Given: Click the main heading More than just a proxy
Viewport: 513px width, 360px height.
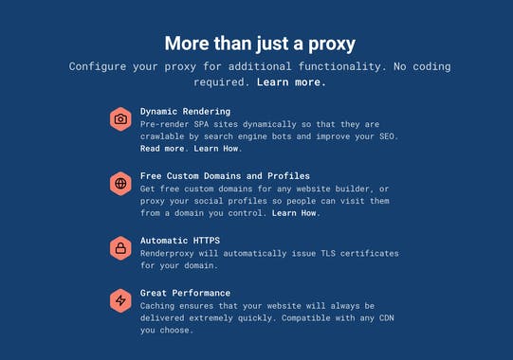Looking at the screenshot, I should click(x=260, y=43).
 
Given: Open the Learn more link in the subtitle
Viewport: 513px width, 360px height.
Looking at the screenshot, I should click(x=291, y=82).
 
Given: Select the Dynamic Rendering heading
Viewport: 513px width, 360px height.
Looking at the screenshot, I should click(x=185, y=112).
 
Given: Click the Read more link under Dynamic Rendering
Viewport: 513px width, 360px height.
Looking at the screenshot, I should click(x=162, y=149).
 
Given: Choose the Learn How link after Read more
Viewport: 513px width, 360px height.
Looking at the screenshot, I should click(x=218, y=149).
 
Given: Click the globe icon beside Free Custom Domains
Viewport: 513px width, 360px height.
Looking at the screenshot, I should click(x=120, y=183).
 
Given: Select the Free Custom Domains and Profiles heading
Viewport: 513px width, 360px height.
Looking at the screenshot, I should click(x=225, y=176).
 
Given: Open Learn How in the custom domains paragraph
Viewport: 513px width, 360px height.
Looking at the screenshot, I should click(x=295, y=213).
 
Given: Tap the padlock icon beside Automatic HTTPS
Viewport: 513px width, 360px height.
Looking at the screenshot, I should click(x=120, y=248).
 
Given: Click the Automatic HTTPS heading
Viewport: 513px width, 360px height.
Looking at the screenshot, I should click(x=179, y=241).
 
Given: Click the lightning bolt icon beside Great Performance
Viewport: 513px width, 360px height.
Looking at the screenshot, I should click(x=120, y=300).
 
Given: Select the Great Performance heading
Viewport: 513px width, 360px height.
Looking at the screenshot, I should click(x=185, y=293).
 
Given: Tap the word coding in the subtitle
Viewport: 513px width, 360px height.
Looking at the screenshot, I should click(x=431, y=67).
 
